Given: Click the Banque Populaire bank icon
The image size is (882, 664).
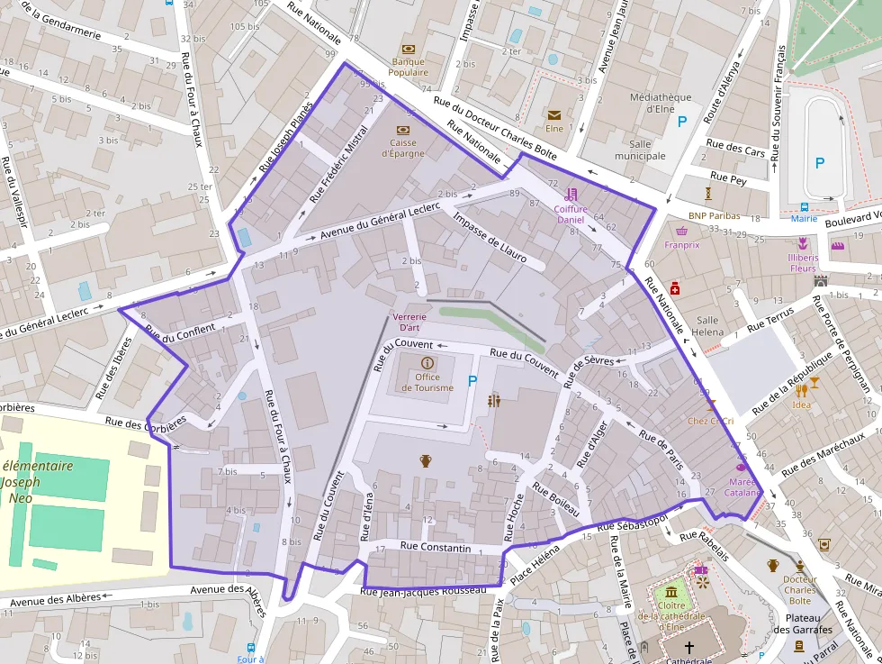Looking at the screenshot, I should pyautogui.click(x=408, y=49).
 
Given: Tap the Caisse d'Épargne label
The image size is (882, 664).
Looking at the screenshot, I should pyautogui.click(x=402, y=147).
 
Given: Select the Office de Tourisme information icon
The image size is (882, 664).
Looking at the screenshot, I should pyautogui.click(x=427, y=362).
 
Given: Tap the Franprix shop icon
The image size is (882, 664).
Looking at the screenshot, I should pyautogui.click(x=681, y=231).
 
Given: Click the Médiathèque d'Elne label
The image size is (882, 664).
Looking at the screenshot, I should pyautogui.click(x=661, y=103).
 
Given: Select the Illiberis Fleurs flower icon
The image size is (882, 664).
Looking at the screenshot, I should pyautogui.click(x=803, y=243).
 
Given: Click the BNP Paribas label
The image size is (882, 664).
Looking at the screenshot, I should pyautogui.click(x=714, y=215).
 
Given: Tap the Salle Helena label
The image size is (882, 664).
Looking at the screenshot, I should pyautogui.click(x=707, y=325).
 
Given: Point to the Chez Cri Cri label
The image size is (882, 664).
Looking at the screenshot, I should pyautogui.click(x=710, y=421).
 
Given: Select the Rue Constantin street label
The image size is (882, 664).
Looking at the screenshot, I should pyautogui.click(x=436, y=548).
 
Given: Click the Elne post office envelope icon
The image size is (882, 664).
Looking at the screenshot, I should pyautogui.click(x=553, y=115).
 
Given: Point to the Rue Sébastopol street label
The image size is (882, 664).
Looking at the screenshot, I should pyautogui.click(x=632, y=523).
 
